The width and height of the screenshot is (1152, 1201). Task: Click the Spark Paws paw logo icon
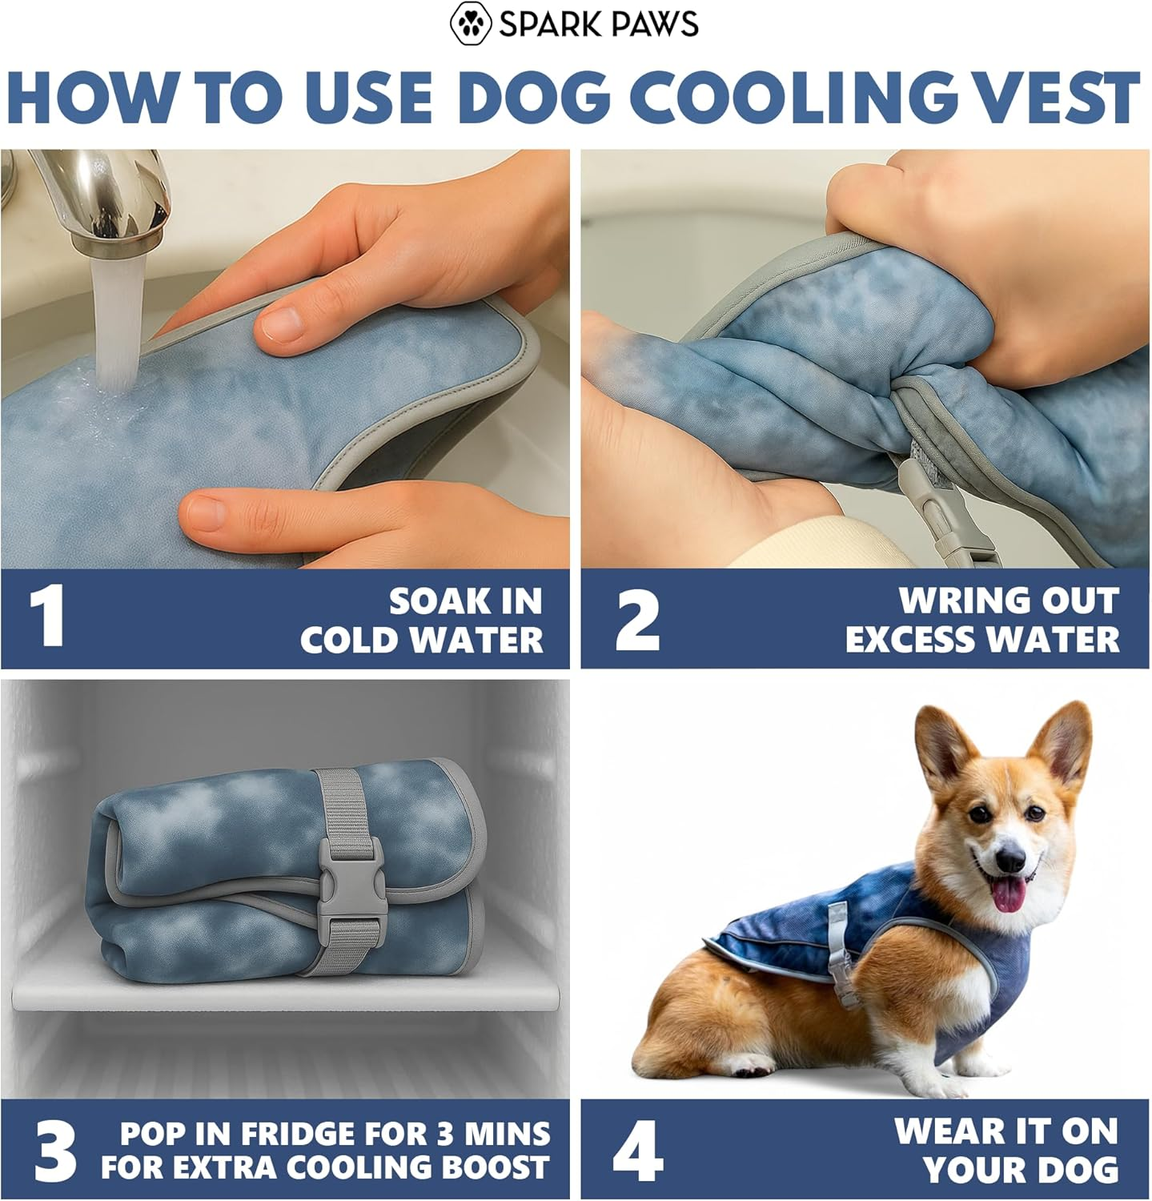coord(471,23)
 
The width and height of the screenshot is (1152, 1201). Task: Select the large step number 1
coord(47,618)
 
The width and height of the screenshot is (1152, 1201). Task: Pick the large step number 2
coord(637,618)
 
